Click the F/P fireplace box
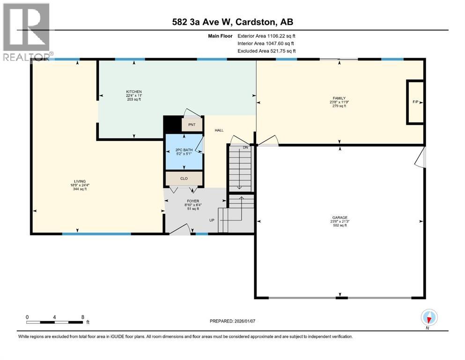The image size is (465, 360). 415,102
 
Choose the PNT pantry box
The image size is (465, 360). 192,125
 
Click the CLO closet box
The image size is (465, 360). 184,179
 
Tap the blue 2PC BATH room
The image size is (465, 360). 184,153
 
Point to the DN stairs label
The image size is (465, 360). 245,148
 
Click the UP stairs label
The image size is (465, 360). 212,219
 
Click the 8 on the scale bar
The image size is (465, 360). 82,317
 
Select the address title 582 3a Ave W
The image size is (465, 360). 232,22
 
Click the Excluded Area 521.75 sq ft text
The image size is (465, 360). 266,51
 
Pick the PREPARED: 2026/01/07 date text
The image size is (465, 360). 235,321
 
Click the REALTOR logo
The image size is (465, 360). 26,32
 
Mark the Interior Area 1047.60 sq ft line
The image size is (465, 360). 266,43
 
